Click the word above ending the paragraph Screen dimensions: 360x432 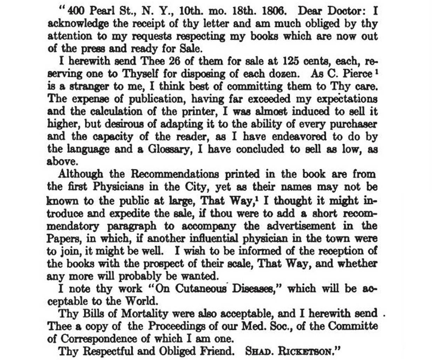tap(62, 162)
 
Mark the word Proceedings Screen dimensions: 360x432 tap(177, 326)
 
